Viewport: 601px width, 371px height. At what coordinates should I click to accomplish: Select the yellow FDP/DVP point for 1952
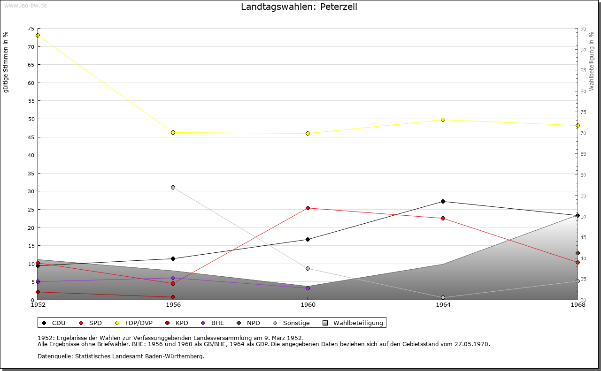(38, 35)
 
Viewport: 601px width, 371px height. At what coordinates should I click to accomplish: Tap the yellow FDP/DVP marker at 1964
(443, 120)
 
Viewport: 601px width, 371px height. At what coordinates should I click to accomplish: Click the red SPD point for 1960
(308, 208)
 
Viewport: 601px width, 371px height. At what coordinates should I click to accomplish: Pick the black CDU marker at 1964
(443, 201)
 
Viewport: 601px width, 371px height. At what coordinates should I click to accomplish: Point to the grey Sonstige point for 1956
(173, 187)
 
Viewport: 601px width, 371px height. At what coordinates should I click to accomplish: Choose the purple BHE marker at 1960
(308, 288)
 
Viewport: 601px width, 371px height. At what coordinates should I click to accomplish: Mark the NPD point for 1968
(578, 253)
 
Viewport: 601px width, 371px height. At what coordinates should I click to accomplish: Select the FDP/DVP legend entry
(135, 323)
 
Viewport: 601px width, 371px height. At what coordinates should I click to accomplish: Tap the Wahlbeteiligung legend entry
(353, 323)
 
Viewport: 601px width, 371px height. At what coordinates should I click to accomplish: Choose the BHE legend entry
(213, 323)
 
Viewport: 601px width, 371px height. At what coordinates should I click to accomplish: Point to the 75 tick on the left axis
(31, 29)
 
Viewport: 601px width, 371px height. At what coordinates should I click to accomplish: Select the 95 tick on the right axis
(583, 29)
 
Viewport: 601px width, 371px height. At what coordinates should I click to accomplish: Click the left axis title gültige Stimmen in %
(6, 62)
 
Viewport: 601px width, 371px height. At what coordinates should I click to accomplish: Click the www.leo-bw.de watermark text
(25, 5)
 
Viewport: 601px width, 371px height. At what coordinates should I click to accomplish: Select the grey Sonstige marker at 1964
(443, 297)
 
